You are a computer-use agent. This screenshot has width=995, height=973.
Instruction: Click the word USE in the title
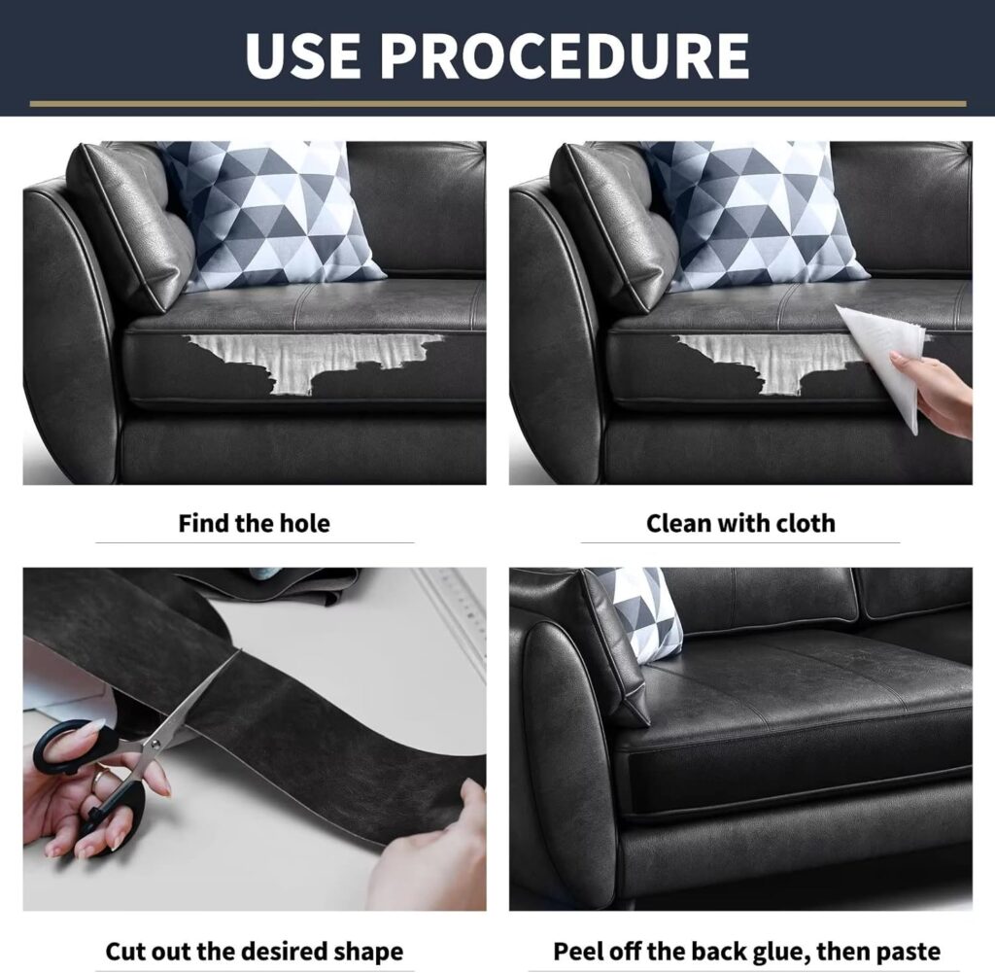pyautogui.click(x=305, y=54)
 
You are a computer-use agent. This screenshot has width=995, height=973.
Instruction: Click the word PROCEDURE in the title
pyautogui.click(x=566, y=54)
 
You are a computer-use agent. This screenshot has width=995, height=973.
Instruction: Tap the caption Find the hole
pyautogui.click(x=255, y=524)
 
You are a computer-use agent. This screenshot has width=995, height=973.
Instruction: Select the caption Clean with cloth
pyautogui.click(x=740, y=524)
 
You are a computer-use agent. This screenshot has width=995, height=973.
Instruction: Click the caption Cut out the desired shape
pyautogui.click(x=255, y=952)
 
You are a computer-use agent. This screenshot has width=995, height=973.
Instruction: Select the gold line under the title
pyautogui.click(x=498, y=103)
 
